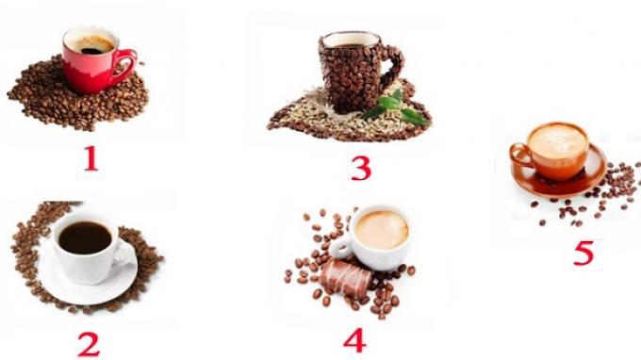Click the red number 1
tap(91, 158)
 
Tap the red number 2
tap(89, 344)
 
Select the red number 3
tap(361, 169)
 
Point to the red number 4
tap(354, 340)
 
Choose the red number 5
tap(583, 253)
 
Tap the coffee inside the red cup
tap(91, 44)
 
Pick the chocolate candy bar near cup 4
tap(346, 278)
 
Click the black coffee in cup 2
tap(85, 237)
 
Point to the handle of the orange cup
tap(518, 155)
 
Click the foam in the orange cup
tap(558, 141)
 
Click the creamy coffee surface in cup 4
tap(382, 230)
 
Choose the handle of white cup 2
tap(124, 254)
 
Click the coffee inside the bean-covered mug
tap(351, 41)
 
